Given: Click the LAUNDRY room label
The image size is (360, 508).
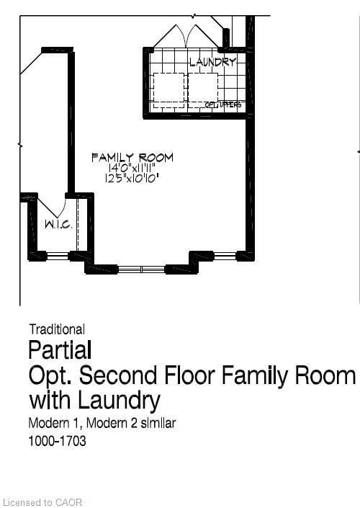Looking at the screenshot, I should (212, 62).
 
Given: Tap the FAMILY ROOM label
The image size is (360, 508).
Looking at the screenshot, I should (132, 157).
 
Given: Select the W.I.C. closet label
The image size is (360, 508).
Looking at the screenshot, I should (57, 224).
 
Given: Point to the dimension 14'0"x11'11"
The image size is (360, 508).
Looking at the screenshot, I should (132, 167).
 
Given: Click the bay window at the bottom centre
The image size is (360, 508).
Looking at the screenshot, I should (142, 269).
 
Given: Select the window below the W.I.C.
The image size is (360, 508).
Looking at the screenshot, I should (58, 255).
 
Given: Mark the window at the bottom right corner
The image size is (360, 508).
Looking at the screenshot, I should (225, 255).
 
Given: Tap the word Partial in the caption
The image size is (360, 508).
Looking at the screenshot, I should (60, 350).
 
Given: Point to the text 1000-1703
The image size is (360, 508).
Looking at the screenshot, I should (57, 440).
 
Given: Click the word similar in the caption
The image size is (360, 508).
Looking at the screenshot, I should (156, 423).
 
